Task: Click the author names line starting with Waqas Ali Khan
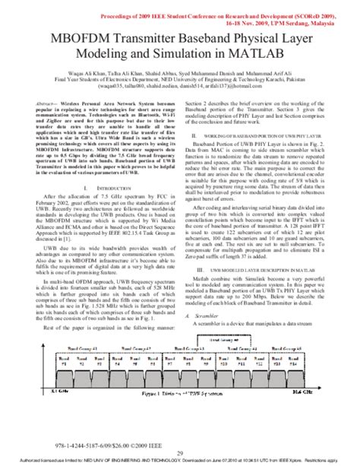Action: click(x=179, y=72)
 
